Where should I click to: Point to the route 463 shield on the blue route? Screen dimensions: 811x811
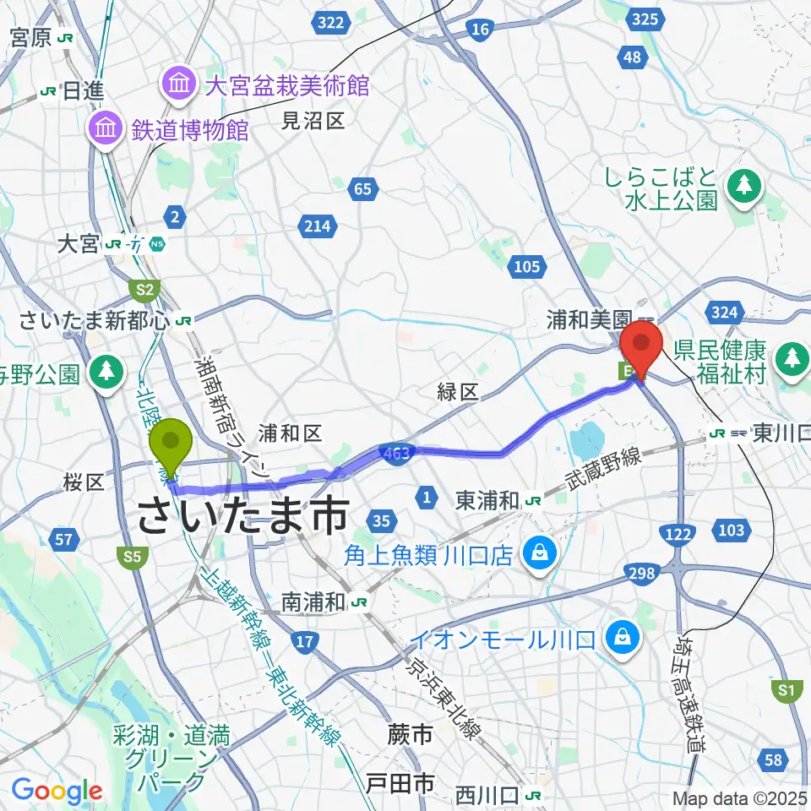click(x=395, y=453)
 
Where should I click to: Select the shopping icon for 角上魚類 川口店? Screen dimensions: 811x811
click(x=536, y=554)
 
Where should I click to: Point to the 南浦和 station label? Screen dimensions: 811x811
click(x=314, y=601)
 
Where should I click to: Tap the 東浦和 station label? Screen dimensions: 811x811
click(x=487, y=500)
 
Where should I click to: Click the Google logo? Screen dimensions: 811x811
click(x=57, y=791)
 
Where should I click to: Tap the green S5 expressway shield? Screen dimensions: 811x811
click(x=131, y=556)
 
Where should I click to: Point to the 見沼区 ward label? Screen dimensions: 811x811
click(x=313, y=121)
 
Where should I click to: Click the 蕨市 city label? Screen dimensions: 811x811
click(x=411, y=734)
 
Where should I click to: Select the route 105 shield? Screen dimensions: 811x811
click(x=526, y=267)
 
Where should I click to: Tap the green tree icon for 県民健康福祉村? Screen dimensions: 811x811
click(x=792, y=357)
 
